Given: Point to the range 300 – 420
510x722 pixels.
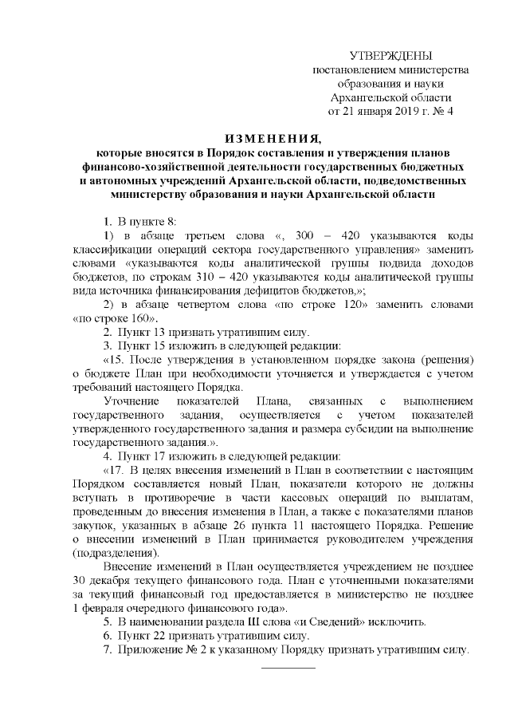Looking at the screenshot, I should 320,236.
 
